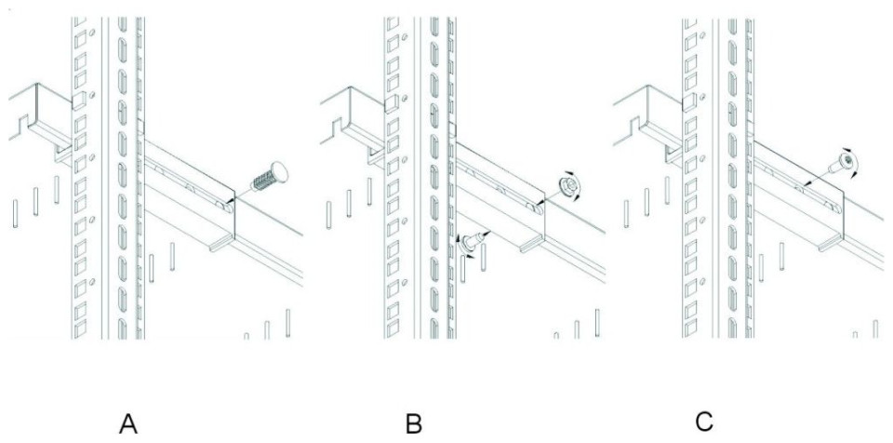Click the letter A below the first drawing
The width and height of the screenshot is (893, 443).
(x=128, y=424)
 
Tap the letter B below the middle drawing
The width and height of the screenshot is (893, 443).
(x=414, y=424)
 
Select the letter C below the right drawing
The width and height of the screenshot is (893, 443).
(x=704, y=422)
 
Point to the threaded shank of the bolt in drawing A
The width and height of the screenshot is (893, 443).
(x=261, y=182)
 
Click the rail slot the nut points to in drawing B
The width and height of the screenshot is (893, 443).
(x=534, y=208)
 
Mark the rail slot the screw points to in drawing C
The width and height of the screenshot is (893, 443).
(x=801, y=188)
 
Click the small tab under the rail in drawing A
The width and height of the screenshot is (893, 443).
(x=220, y=244)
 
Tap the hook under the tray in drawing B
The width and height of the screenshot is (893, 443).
(x=376, y=155)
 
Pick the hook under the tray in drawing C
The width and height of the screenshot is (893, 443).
(x=673, y=154)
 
